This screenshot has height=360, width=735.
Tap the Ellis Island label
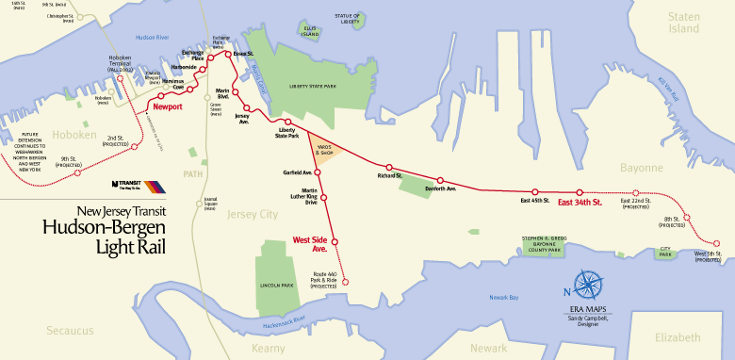tap(309, 31)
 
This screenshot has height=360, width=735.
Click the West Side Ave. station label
tap(309, 243)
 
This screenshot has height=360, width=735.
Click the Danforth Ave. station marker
tap(439, 180)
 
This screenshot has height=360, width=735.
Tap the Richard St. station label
tap(389, 175)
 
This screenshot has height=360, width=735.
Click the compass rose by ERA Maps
tap(589, 284)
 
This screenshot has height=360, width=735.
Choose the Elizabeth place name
tap(678, 337)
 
